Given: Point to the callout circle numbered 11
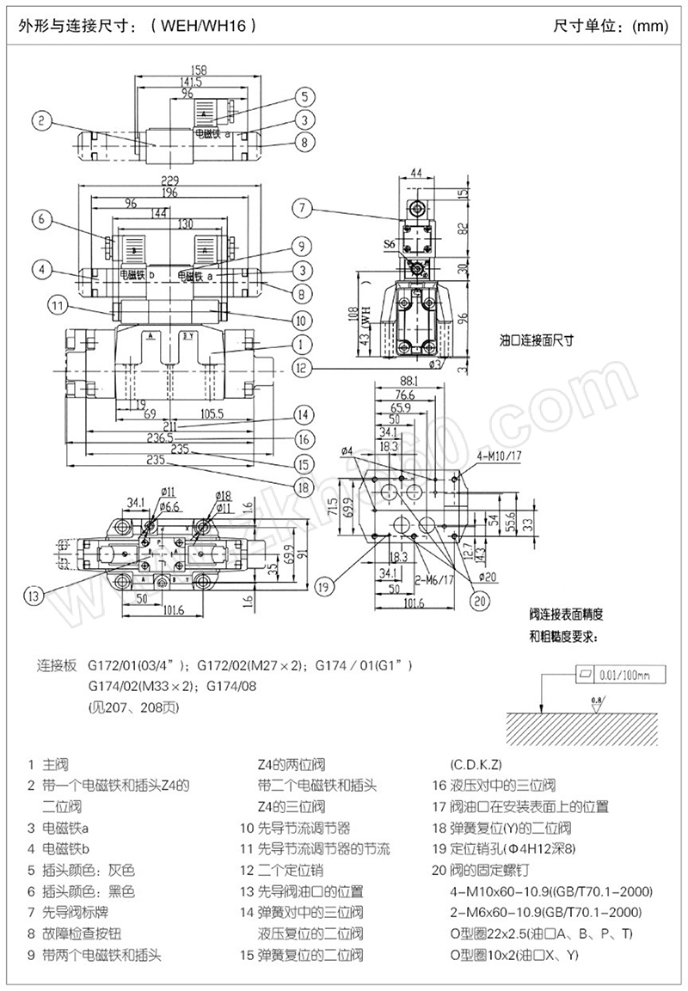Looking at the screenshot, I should (57, 303).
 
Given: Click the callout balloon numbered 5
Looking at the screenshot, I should (304, 96).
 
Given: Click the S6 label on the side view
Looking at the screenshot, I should (389, 245).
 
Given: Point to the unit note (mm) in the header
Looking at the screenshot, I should (649, 26).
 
